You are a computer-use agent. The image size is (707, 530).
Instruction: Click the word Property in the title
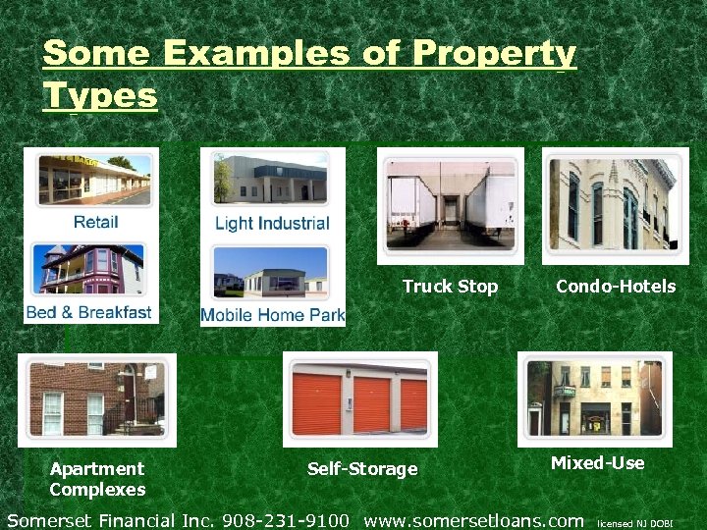coord(495,53)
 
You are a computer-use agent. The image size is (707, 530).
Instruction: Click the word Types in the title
coord(99,96)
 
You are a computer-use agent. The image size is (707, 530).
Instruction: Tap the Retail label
coord(95,222)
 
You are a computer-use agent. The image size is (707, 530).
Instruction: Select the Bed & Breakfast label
coord(88,312)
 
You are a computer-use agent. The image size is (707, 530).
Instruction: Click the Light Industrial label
coord(272,223)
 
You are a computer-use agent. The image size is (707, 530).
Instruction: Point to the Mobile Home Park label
coord(273,315)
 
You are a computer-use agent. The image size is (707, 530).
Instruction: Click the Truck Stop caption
coord(450,287)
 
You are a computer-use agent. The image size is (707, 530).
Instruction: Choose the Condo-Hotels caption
coord(616,287)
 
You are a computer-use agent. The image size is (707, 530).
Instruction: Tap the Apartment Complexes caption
coord(97,479)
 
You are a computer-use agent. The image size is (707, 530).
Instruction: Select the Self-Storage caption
coord(362,469)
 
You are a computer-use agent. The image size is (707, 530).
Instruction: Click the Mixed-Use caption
coord(597,462)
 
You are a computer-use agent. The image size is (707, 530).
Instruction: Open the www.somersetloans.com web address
coord(473,519)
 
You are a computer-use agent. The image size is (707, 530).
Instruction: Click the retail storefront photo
coord(95,180)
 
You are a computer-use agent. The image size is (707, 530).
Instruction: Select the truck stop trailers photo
coord(450,205)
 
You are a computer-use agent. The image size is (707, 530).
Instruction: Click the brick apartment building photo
coord(96,399)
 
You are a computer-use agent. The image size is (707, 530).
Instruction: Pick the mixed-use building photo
coord(595,398)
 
